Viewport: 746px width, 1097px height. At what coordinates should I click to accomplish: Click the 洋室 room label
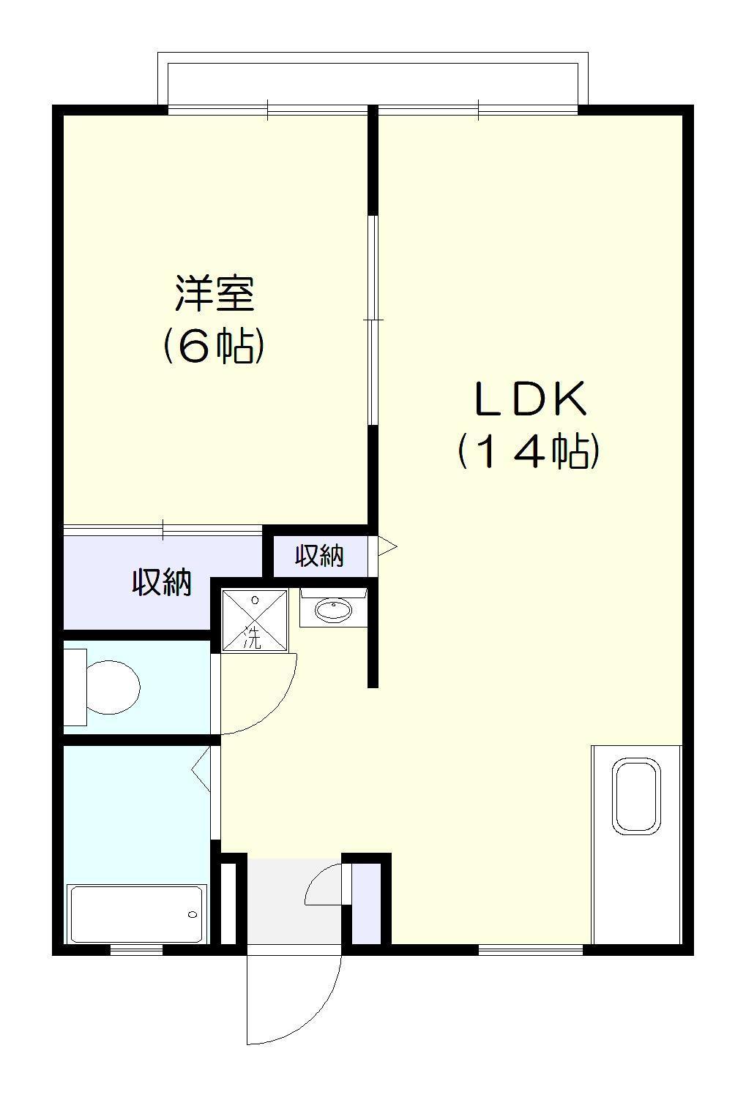pyautogui.click(x=214, y=294)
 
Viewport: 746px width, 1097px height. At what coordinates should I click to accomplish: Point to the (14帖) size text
pyautogui.click(x=529, y=451)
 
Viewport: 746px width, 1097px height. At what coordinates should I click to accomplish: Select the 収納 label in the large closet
pyautogui.click(x=162, y=582)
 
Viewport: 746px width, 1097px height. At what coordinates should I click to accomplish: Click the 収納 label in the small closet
pyautogui.click(x=319, y=557)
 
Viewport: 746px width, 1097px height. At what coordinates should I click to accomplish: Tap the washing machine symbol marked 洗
pyautogui.click(x=255, y=619)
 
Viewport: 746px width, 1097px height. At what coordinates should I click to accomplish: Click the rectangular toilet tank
pyautogui.click(x=75, y=687)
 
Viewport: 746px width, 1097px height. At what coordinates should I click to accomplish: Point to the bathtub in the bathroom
pyautogui.click(x=136, y=914)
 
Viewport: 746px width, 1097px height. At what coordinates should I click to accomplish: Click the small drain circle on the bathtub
pyautogui.click(x=193, y=914)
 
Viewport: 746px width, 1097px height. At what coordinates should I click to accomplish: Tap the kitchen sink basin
pyautogui.click(x=636, y=796)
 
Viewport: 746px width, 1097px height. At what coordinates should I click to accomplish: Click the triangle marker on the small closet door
pyautogui.click(x=387, y=546)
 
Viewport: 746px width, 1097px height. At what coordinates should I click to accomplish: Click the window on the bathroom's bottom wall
pyautogui.click(x=136, y=950)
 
